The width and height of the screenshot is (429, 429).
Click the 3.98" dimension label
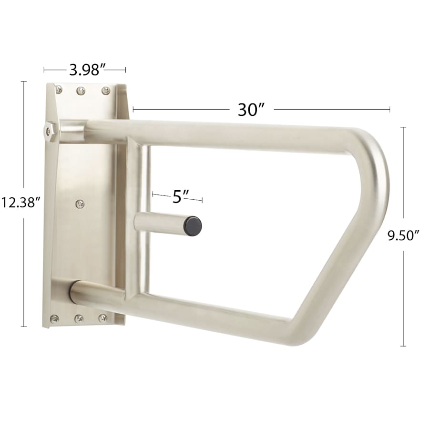pos(87,70)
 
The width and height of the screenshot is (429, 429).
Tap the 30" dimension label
pos(251,110)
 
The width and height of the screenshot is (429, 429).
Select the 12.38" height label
pos(21,203)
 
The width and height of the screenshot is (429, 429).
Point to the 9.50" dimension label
pos(404,235)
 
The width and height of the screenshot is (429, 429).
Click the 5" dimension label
pos(181,196)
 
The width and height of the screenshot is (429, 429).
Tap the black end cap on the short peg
pos(193,226)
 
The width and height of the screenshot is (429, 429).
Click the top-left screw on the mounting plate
pos(59,89)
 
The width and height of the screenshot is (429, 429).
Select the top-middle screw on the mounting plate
pos(81,90)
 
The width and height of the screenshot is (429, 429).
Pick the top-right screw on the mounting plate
pos(106,91)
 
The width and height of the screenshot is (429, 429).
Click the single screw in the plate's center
pos(80,204)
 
